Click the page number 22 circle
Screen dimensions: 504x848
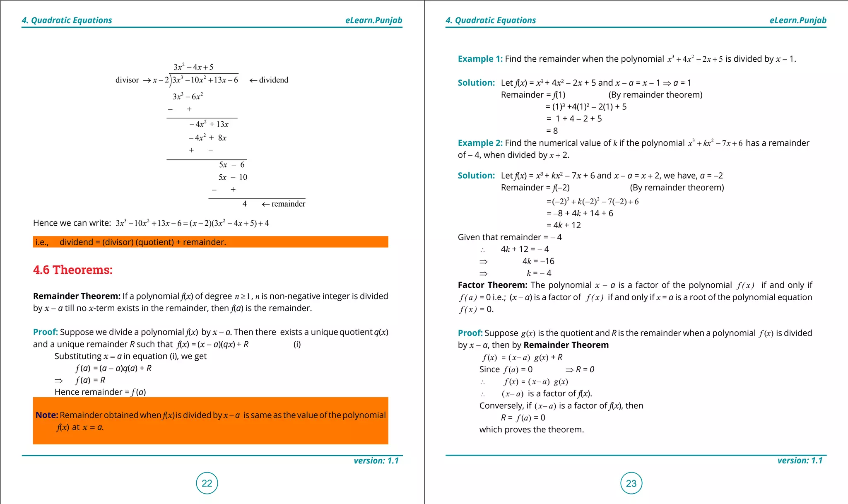(x=207, y=483)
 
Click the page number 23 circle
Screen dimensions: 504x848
(x=631, y=483)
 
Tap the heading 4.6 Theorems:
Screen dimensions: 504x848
(x=73, y=270)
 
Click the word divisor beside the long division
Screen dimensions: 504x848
(x=127, y=80)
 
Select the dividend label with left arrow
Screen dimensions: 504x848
(x=269, y=80)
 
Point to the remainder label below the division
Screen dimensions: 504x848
(x=284, y=204)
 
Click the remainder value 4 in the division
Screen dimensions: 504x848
(x=245, y=204)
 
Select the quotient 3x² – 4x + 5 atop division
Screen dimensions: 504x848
(x=193, y=67)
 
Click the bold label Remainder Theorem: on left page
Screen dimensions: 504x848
(x=77, y=296)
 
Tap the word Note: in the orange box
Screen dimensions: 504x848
(x=47, y=415)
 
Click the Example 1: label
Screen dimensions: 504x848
(x=480, y=59)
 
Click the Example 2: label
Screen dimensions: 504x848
(x=480, y=143)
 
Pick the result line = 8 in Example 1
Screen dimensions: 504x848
(x=552, y=131)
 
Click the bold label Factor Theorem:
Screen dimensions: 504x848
(x=492, y=285)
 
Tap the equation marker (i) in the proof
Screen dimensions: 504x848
(x=297, y=344)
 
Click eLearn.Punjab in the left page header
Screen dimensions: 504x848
(x=373, y=20)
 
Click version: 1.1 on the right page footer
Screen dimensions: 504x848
(x=800, y=461)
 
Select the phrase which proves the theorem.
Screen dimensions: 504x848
(x=531, y=430)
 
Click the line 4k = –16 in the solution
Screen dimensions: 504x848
(x=538, y=261)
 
